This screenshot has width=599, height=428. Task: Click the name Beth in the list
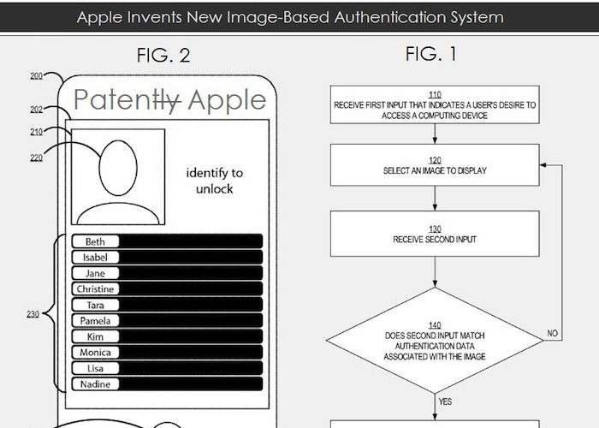tap(95, 241)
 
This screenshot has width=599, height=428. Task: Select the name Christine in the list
tap(95, 289)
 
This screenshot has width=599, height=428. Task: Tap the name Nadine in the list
tap(95, 384)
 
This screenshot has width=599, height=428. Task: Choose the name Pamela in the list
tap(95, 321)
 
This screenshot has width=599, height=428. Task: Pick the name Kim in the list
tap(95, 336)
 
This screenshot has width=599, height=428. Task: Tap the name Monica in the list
tap(95, 353)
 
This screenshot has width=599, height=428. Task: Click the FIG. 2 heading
tap(163, 56)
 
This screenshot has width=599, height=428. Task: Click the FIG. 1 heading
tap(431, 54)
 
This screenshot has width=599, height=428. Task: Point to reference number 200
tap(36, 76)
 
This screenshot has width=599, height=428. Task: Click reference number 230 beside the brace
tap(33, 314)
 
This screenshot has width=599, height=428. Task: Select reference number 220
tap(36, 158)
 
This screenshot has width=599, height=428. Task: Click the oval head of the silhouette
tap(118, 168)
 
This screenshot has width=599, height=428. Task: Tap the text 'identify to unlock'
tap(214, 181)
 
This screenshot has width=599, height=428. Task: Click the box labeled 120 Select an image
tap(435, 165)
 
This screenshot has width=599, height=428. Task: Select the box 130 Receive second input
tap(435, 234)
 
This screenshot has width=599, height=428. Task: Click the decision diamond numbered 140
tap(435, 341)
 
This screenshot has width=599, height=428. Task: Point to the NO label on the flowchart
tap(553, 333)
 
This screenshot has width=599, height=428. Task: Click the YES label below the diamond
tap(445, 401)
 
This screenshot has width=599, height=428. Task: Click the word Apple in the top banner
tap(100, 18)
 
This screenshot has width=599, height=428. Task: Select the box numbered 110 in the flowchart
tap(435, 104)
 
